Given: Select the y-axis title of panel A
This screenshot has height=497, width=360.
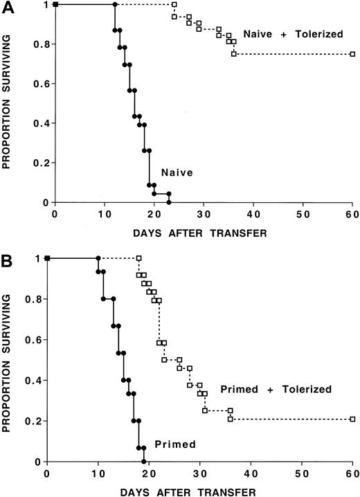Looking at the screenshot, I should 8,104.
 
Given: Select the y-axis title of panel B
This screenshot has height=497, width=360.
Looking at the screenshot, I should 8,360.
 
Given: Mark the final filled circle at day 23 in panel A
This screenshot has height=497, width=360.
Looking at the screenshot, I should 169,202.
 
